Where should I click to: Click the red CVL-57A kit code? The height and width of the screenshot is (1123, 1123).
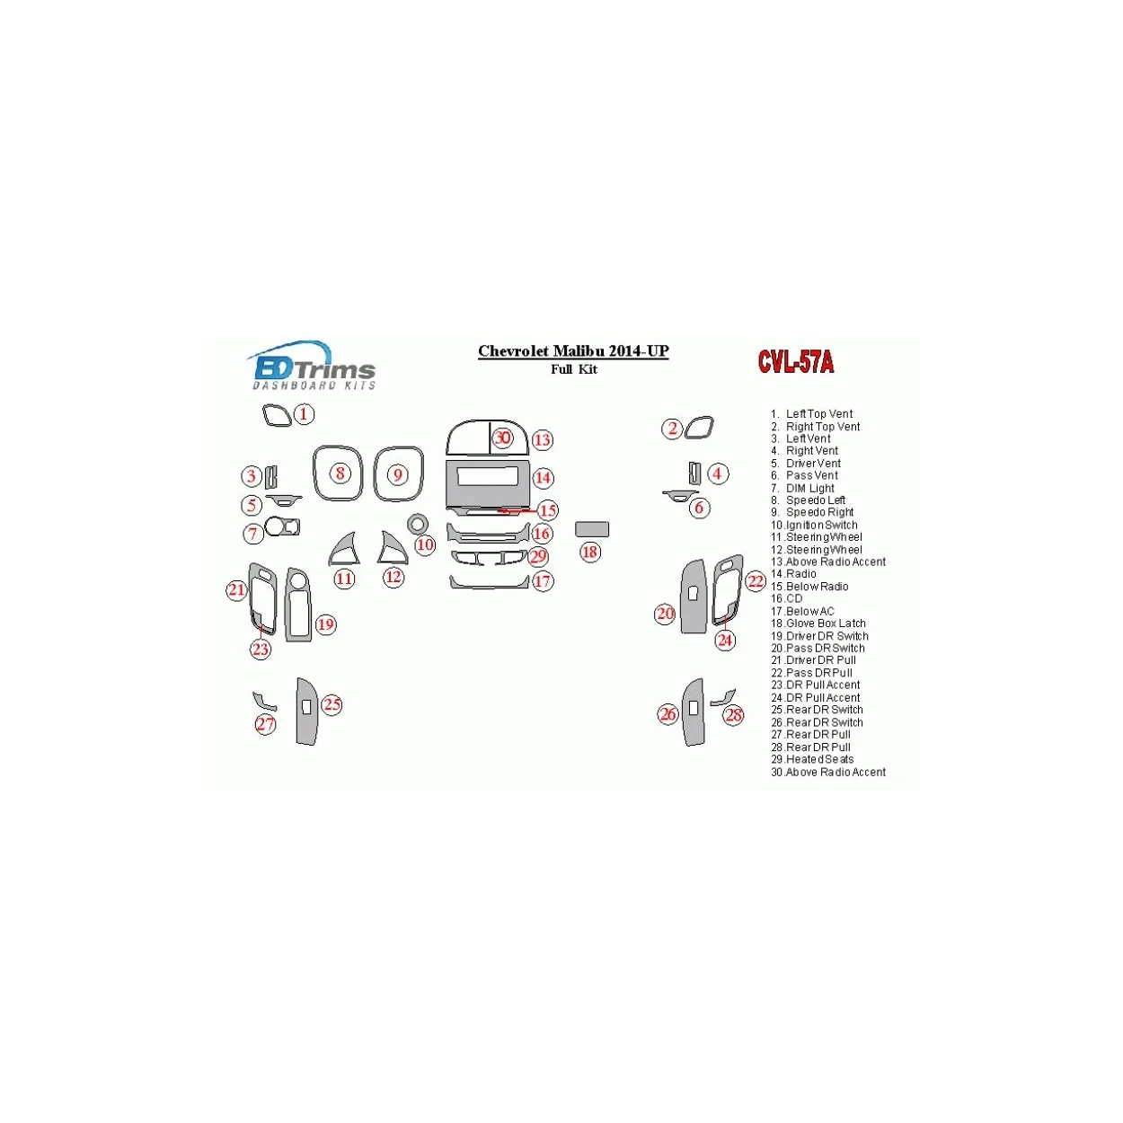pos(795,361)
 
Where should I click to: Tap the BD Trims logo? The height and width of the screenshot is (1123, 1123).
pos(312,366)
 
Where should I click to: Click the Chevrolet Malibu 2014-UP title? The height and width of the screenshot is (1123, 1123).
pos(573,351)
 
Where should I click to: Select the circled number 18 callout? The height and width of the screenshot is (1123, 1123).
pos(589,552)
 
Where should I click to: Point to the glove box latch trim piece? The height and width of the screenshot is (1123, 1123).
pos(591,528)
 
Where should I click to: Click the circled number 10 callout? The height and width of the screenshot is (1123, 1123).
pos(425,544)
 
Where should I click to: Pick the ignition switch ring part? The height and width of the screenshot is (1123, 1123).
pos(417,524)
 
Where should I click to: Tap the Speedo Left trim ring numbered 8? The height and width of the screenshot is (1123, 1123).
pos(338,473)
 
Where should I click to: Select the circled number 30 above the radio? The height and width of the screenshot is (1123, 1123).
pos(502,438)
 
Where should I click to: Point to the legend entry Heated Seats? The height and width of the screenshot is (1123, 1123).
pos(812,759)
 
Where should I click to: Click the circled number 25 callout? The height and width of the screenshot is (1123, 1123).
pos(332,704)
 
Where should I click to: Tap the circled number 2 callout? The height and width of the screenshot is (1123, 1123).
pos(673,429)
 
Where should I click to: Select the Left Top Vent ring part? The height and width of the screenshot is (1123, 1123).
pos(277,416)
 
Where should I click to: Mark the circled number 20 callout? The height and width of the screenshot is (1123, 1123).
pos(666,613)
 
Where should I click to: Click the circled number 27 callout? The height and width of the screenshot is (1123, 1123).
pos(265,724)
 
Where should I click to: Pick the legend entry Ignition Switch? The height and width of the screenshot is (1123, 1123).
pos(814,525)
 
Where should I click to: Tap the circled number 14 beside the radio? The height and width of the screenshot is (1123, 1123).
pos(543,478)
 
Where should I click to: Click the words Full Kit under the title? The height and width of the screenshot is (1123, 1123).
pos(573,369)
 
